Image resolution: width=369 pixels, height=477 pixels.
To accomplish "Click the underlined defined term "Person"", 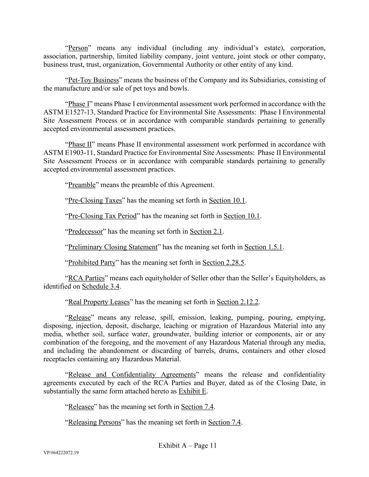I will point(78,48).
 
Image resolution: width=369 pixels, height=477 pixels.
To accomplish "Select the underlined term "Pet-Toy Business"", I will point(93,80).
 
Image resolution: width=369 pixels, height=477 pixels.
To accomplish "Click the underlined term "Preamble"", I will point(82,185).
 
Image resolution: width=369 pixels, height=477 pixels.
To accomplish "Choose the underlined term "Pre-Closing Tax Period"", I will point(102,216).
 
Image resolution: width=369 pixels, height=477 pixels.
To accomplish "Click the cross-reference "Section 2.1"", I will point(206,231).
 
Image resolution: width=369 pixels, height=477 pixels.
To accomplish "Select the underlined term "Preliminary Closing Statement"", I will point(113,247).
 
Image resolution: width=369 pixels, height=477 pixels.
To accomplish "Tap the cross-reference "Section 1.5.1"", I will point(263,247).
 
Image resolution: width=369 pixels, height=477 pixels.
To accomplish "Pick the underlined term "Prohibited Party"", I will point(92,262).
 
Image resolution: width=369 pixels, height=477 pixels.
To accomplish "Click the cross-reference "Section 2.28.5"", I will point(223,262).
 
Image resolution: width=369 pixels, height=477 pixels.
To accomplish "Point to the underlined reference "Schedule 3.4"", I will point(101,287).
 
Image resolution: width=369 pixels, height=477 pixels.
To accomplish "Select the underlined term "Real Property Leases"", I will point(99,302).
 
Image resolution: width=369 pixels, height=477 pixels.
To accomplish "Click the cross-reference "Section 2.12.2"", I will point(237,302).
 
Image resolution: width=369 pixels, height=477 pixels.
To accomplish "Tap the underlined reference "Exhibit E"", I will point(192,391).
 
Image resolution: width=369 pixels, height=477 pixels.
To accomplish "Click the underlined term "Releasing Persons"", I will point(94,422).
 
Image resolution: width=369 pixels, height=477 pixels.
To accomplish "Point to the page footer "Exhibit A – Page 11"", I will point(187,445).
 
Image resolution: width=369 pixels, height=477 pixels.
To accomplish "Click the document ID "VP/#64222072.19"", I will point(61,453).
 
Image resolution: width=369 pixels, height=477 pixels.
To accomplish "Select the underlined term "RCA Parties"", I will point(86,278).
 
